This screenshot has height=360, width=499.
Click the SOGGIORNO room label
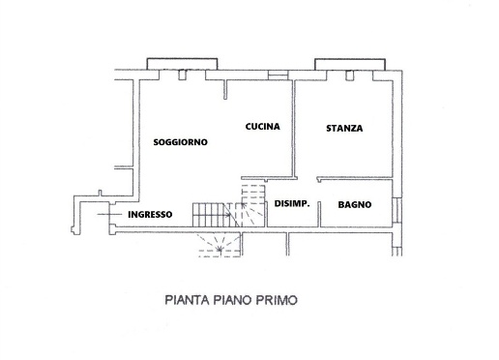(181, 142)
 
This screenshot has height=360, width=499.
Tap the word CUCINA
(262, 127)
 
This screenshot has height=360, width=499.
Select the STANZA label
(344, 127)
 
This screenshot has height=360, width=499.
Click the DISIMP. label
(291, 204)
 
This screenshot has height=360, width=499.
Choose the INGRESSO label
(150, 214)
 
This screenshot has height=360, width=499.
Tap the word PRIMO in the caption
(273, 300)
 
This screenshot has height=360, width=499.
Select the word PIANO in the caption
(226, 300)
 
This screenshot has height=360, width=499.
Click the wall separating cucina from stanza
(293, 126)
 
